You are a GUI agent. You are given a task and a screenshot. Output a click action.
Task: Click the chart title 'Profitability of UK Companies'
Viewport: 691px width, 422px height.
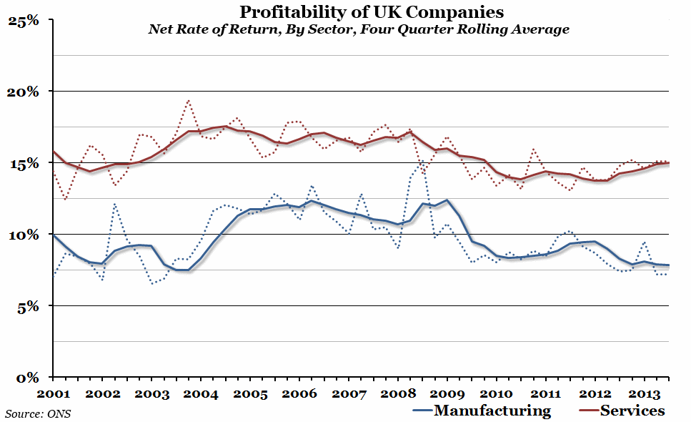[371, 12]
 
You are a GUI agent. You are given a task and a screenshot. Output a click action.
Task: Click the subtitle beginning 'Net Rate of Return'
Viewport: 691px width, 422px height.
[359, 30]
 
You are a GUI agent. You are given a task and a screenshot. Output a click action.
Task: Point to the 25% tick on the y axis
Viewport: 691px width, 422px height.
[24, 21]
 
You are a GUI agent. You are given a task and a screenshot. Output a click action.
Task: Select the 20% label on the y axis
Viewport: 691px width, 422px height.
[24, 92]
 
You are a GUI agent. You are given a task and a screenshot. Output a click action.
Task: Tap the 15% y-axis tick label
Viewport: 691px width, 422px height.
[24, 163]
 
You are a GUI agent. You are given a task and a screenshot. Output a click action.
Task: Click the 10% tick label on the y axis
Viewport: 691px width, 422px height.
[24, 235]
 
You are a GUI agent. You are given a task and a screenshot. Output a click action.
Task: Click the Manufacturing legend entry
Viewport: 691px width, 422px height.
[482, 411]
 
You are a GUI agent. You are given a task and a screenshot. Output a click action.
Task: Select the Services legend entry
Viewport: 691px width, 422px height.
[620, 411]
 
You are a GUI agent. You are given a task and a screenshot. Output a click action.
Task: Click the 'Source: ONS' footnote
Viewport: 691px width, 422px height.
[38, 413]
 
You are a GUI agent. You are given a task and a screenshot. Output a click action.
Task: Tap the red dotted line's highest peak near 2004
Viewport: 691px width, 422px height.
[188, 100]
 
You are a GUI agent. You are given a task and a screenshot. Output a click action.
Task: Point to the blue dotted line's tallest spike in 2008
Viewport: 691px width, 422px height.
[422, 160]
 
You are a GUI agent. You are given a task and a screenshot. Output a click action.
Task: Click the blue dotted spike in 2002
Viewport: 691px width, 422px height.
[115, 205]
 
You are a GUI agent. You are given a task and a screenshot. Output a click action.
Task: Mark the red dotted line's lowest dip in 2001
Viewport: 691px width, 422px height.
[66, 199]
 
